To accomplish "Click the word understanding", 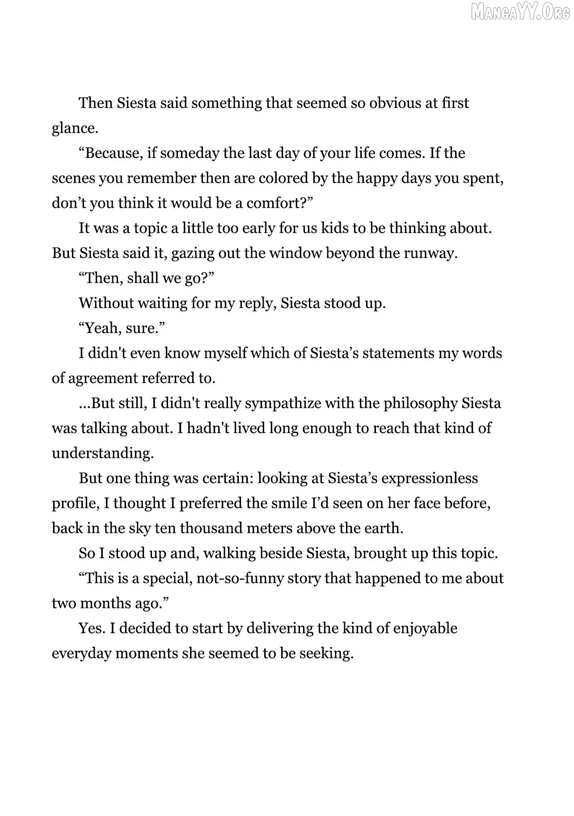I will click(102, 453).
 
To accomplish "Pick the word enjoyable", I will click(425, 628).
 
